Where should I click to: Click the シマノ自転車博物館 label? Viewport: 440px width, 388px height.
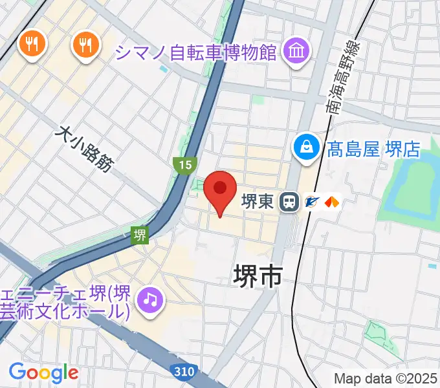[197, 50]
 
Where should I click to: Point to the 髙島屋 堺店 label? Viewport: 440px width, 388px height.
[373, 149]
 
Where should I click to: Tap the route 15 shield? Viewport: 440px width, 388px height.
[185, 165]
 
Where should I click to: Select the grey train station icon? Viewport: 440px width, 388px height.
[289, 202]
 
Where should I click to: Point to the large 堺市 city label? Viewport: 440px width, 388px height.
[257, 276]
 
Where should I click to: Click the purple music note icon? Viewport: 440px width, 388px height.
[151, 299]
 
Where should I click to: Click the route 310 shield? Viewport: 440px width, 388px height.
[185, 371]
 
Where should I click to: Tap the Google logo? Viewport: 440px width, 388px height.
[43, 372]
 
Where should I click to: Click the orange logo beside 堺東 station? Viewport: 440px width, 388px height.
[332, 202]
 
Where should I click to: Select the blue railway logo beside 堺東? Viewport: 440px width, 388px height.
[312, 202]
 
